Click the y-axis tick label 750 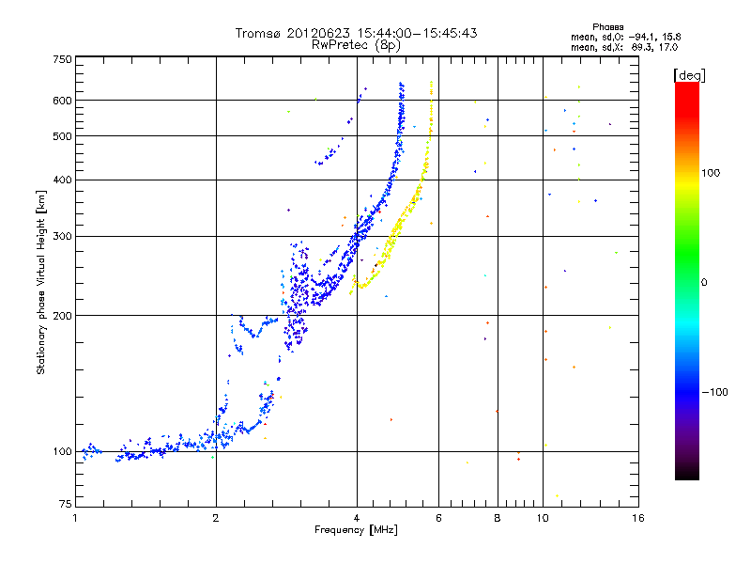point(62,59)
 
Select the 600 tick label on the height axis point(62,101)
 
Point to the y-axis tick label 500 point(62,136)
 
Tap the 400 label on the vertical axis point(62,180)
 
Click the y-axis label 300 point(62,237)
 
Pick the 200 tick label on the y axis point(62,316)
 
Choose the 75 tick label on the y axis point(66,504)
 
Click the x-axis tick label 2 point(216,518)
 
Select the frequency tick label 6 point(438,518)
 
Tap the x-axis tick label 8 point(498,518)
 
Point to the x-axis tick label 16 point(638,518)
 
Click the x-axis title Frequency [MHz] point(356,530)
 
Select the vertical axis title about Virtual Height point(41,282)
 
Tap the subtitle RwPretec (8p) point(356,45)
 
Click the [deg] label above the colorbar point(689,75)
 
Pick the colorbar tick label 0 point(704,283)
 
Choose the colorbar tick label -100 point(714,392)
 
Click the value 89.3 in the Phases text point(642,48)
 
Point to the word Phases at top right point(607,27)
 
